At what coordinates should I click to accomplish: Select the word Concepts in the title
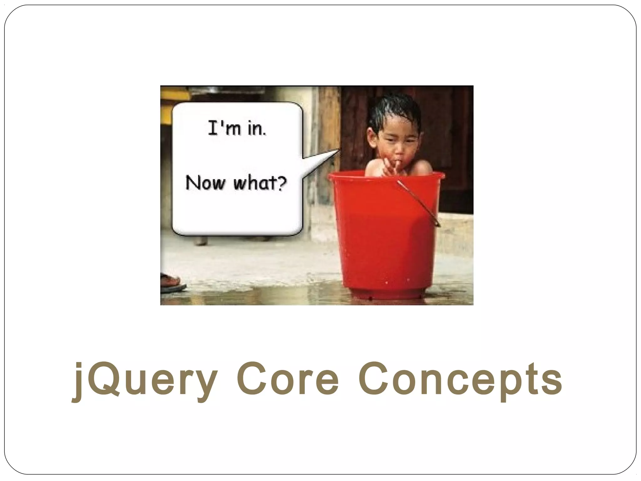click(460, 380)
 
